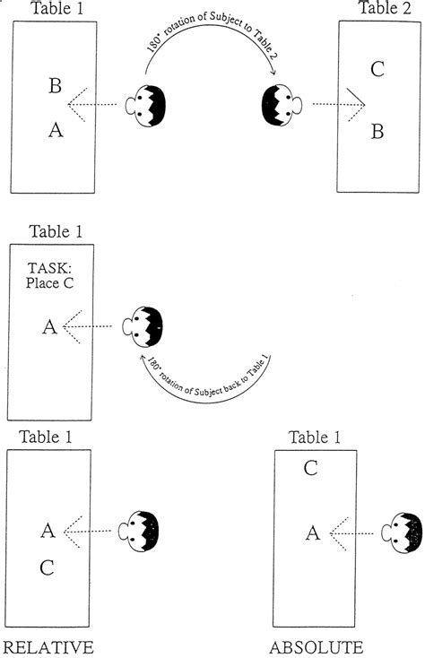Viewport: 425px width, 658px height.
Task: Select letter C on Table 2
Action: click(x=377, y=67)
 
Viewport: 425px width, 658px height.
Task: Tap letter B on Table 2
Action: click(x=377, y=132)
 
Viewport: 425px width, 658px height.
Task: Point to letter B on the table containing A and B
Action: click(x=55, y=87)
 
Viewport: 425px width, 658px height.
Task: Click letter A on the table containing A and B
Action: click(x=56, y=131)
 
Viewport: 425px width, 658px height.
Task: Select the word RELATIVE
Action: click(x=48, y=646)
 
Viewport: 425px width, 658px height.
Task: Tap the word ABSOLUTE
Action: click(x=317, y=646)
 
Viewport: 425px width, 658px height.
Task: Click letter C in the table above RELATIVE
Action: click(x=48, y=567)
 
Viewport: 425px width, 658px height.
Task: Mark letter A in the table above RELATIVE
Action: click(x=48, y=531)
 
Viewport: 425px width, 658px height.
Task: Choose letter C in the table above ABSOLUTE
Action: click(x=310, y=467)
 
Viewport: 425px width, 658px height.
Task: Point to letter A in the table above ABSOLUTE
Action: click(x=312, y=534)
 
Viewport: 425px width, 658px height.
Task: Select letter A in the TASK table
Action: click(x=50, y=328)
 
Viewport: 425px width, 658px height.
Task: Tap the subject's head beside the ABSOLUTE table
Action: click(x=403, y=533)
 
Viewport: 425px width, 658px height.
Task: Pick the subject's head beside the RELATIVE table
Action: click(x=142, y=530)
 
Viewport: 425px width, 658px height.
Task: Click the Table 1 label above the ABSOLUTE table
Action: click(x=316, y=437)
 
